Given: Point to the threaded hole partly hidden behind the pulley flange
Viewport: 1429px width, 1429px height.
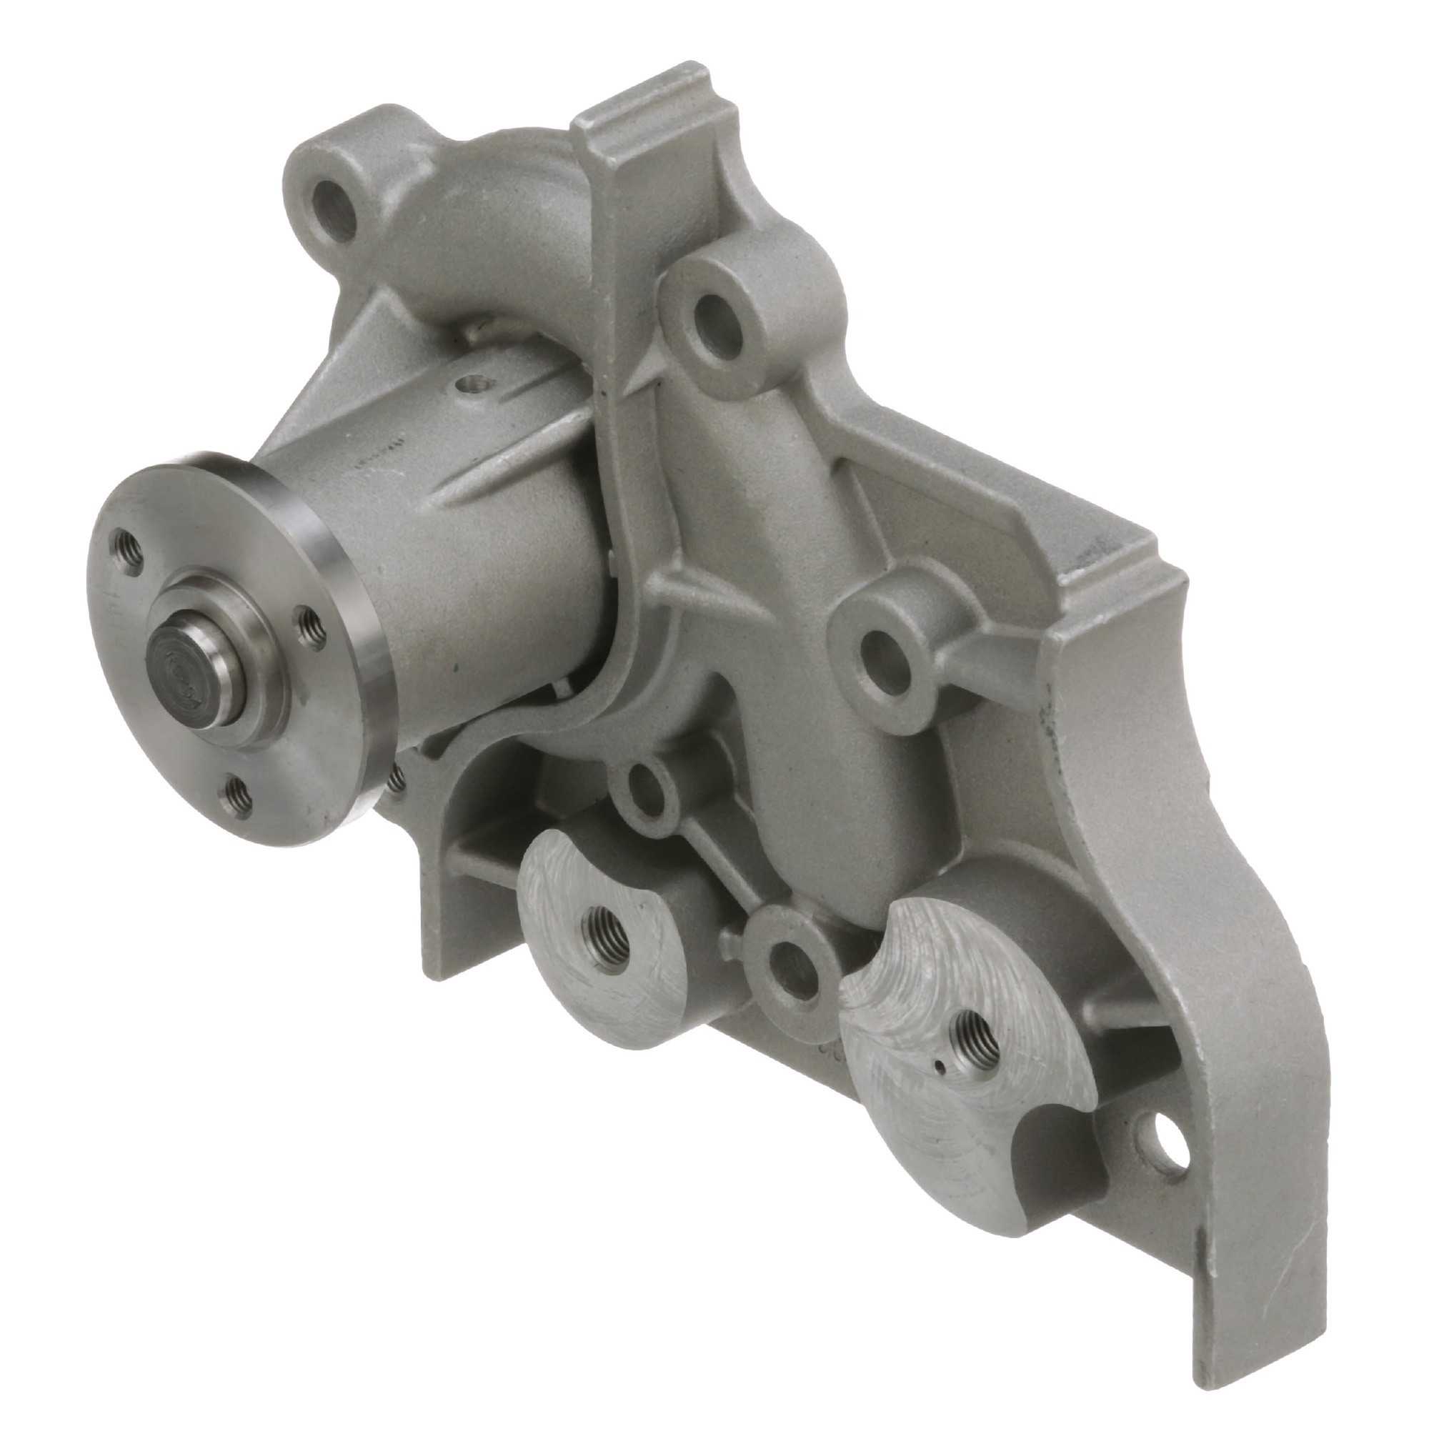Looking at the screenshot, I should (398, 777).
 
